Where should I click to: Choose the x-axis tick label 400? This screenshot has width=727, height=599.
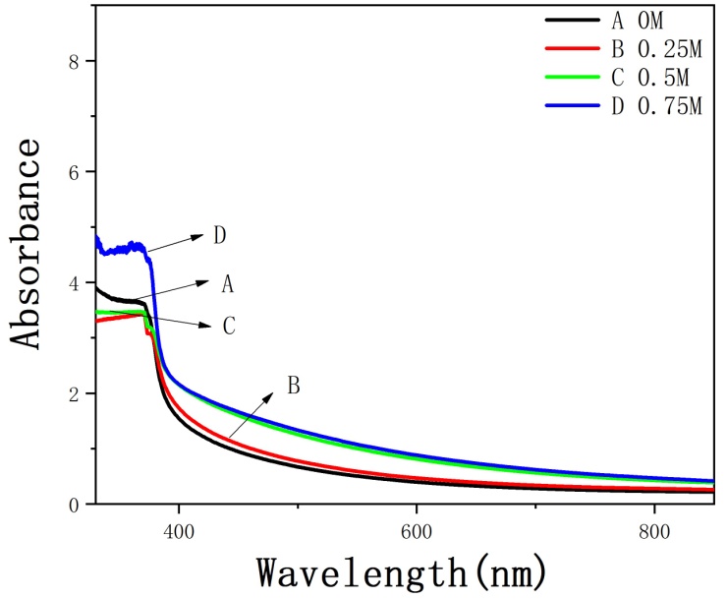(178, 529)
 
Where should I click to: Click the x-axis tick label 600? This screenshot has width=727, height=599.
(417, 529)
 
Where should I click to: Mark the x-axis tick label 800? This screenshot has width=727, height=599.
(654, 529)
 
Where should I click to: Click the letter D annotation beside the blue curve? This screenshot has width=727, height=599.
(222, 236)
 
